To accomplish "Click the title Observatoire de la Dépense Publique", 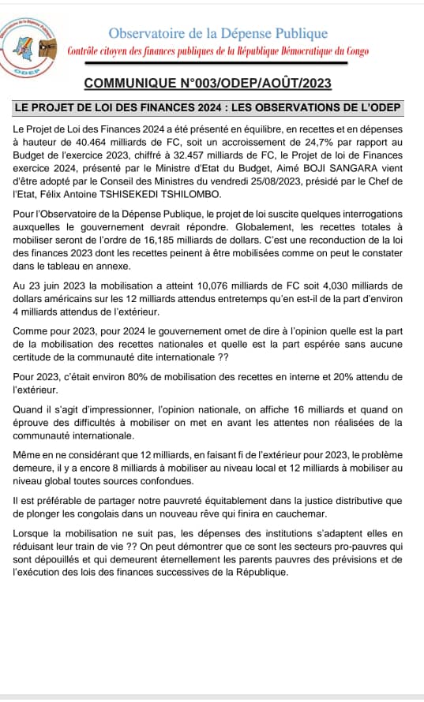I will click(x=217, y=33).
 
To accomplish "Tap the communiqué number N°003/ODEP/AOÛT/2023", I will click(x=208, y=84).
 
